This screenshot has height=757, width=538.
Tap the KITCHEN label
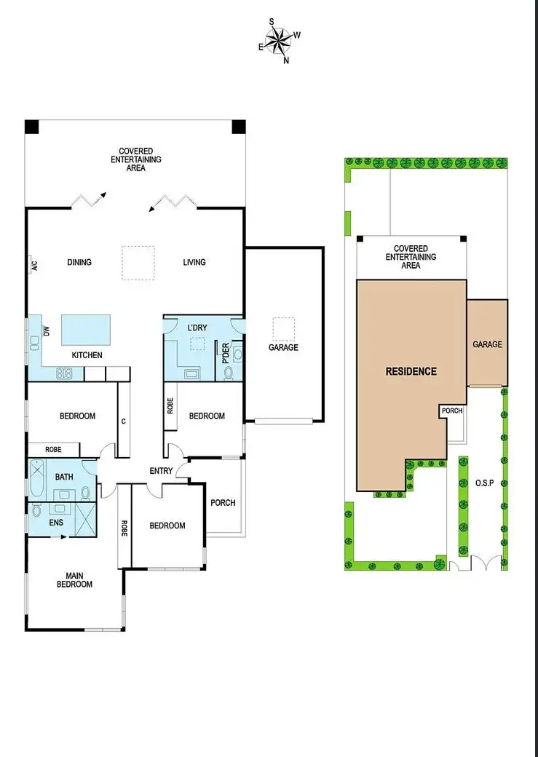pyautogui.click(x=86, y=355)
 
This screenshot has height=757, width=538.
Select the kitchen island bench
pyautogui.click(x=85, y=330)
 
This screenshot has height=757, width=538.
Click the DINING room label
pyautogui.click(x=79, y=262)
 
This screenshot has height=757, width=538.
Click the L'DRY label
pyautogui.click(x=197, y=328)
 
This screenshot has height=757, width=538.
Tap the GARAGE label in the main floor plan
pyautogui.click(x=283, y=348)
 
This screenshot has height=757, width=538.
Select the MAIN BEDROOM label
pyautogui.click(x=75, y=579)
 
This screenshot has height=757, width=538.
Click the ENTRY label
pyautogui.click(x=161, y=471)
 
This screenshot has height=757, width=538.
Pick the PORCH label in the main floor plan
pyautogui.click(x=222, y=502)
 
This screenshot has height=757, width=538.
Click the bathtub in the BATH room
pyautogui.click(x=36, y=480)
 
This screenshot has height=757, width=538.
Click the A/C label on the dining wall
pyautogui.click(x=33, y=266)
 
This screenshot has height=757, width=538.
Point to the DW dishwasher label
pyautogui.click(x=47, y=331)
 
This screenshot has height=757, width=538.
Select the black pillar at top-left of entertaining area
pyautogui.click(x=31, y=127)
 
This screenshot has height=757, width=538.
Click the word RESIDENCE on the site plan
pyautogui.click(x=411, y=371)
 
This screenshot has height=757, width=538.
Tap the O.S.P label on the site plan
pyautogui.click(x=484, y=483)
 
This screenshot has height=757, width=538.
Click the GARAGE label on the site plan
pyautogui.click(x=487, y=344)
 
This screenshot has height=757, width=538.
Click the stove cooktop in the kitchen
pyautogui.click(x=64, y=374)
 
